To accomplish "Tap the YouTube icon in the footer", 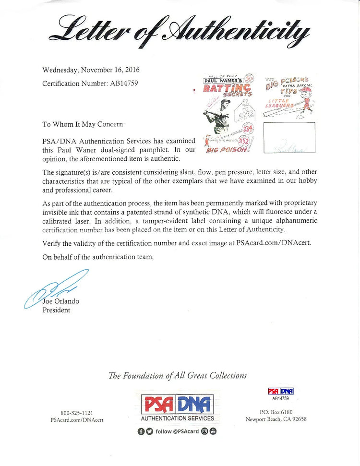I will pyautogui.click(x=213, y=431).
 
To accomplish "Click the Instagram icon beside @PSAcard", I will pyautogui.click(x=205, y=431).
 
